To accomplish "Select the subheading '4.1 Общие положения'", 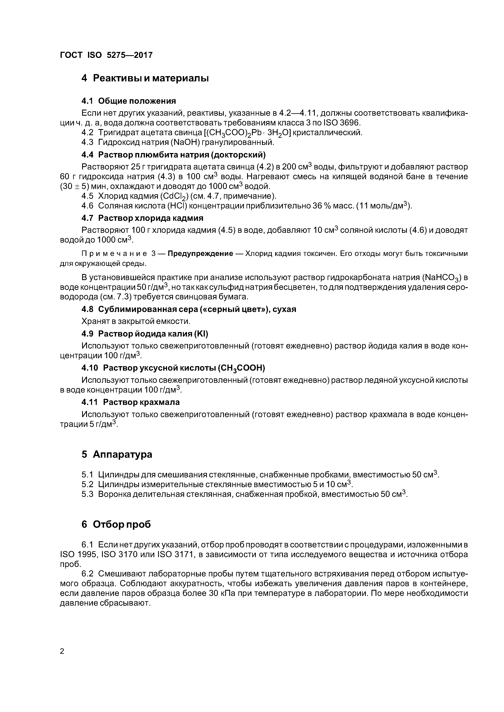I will tap(129, 101).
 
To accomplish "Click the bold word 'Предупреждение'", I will tap(200, 254).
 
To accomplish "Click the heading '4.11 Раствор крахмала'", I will tap(130, 402).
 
